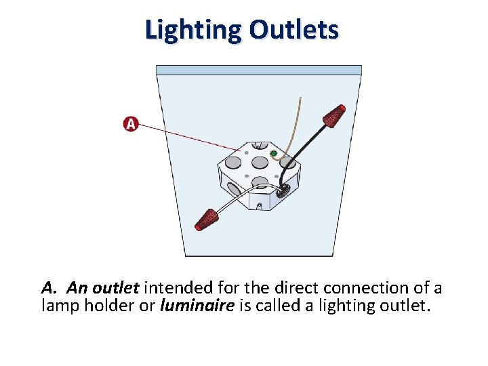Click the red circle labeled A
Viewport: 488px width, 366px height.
pyautogui.click(x=131, y=124)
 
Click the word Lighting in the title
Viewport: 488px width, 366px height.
pyautogui.click(x=192, y=30)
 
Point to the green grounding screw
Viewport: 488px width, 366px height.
pyautogui.click(x=273, y=155)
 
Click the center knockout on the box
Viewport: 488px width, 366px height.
pyautogui.click(x=260, y=163)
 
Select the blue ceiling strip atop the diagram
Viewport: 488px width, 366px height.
pyautogui.click(x=258, y=70)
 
